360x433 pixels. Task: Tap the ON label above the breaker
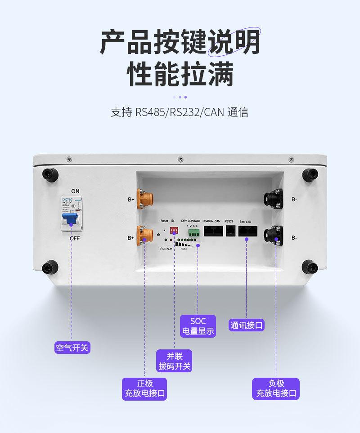(x=75, y=191)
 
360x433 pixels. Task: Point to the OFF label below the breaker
(x=75, y=238)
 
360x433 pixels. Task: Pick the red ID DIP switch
(x=174, y=230)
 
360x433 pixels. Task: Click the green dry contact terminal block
(x=194, y=233)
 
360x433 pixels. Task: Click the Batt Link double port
(x=248, y=231)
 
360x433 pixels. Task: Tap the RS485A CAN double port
(x=212, y=231)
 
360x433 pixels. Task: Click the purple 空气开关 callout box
(x=72, y=347)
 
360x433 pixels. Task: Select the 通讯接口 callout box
(x=247, y=325)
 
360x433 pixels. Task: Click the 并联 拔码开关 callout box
(x=174, y=361)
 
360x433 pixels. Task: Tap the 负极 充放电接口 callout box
(x=276, y=389)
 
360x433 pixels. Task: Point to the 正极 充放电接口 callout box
(x=145, y=389)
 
